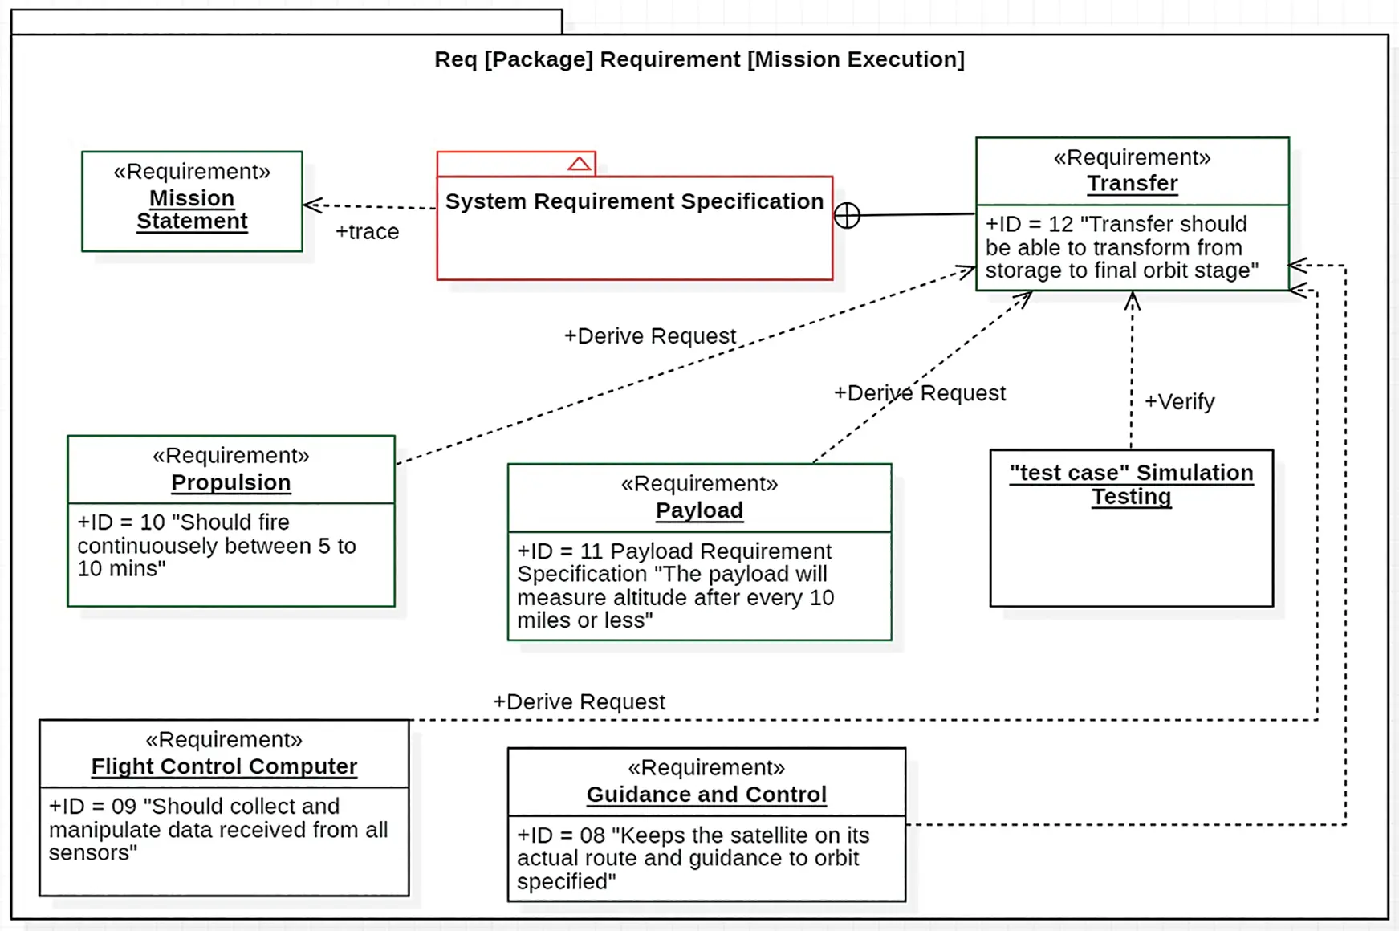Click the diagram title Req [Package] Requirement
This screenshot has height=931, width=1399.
coord(698,59)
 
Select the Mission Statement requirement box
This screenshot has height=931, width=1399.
coord(192,201)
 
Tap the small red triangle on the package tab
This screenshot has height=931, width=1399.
coord(579,164)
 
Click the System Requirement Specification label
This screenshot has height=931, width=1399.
coord(634,201)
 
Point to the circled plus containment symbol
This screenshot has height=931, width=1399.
coord(847,215)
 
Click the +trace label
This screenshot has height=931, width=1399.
coord(367,232)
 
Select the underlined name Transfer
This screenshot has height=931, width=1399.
coord(1132,184)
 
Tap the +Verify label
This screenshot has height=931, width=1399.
coord(1178,401)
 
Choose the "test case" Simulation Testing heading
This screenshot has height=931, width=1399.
coord(1131,484)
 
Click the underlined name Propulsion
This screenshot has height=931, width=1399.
coord(231,482)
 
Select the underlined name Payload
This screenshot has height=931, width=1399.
coord(699,510)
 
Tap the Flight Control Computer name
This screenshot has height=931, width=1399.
coord(224,766)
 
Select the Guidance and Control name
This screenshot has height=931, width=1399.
coord(706,795)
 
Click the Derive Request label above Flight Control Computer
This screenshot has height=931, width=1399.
coord(579,702)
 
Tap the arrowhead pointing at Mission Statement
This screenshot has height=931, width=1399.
coord(311,205)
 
